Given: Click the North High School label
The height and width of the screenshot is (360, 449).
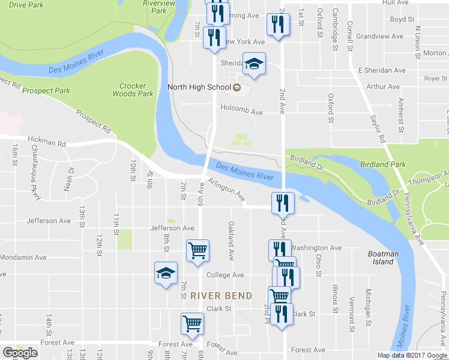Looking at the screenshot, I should pos(199,88).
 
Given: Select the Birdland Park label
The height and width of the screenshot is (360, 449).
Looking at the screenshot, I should pos(383,164).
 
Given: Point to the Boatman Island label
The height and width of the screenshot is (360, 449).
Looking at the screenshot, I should pos(383,257).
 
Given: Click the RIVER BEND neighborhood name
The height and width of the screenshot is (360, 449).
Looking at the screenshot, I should pos(221,296).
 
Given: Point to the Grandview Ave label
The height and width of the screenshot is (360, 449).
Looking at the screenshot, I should pos(379,36).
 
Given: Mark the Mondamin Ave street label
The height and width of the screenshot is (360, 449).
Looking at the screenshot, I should pos(23,257).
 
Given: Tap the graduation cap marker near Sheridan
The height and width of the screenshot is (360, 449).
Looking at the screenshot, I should pos(254,64).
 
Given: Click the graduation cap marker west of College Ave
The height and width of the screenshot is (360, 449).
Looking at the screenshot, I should pos(166,274).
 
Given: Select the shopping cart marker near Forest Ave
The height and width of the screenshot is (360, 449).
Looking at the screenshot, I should pos(193,324).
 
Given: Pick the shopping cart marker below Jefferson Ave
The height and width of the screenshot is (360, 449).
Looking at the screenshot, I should pos(197,251).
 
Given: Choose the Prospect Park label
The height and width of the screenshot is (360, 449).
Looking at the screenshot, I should pos(46,91).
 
